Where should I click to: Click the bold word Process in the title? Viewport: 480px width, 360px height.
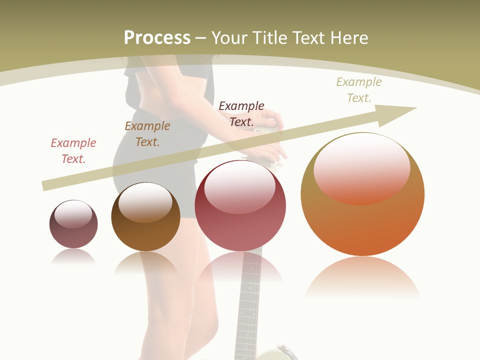click(x=157, y=38)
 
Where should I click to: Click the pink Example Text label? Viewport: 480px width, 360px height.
click(x=73, y=151)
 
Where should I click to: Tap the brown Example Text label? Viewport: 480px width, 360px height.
click(x=147, y=134)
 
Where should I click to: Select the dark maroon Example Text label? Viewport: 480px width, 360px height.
click(x=241, y=113)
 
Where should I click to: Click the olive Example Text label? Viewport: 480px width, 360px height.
click(x=359, y=90)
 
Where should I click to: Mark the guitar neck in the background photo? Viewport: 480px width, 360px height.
click(x=249, y=300)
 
